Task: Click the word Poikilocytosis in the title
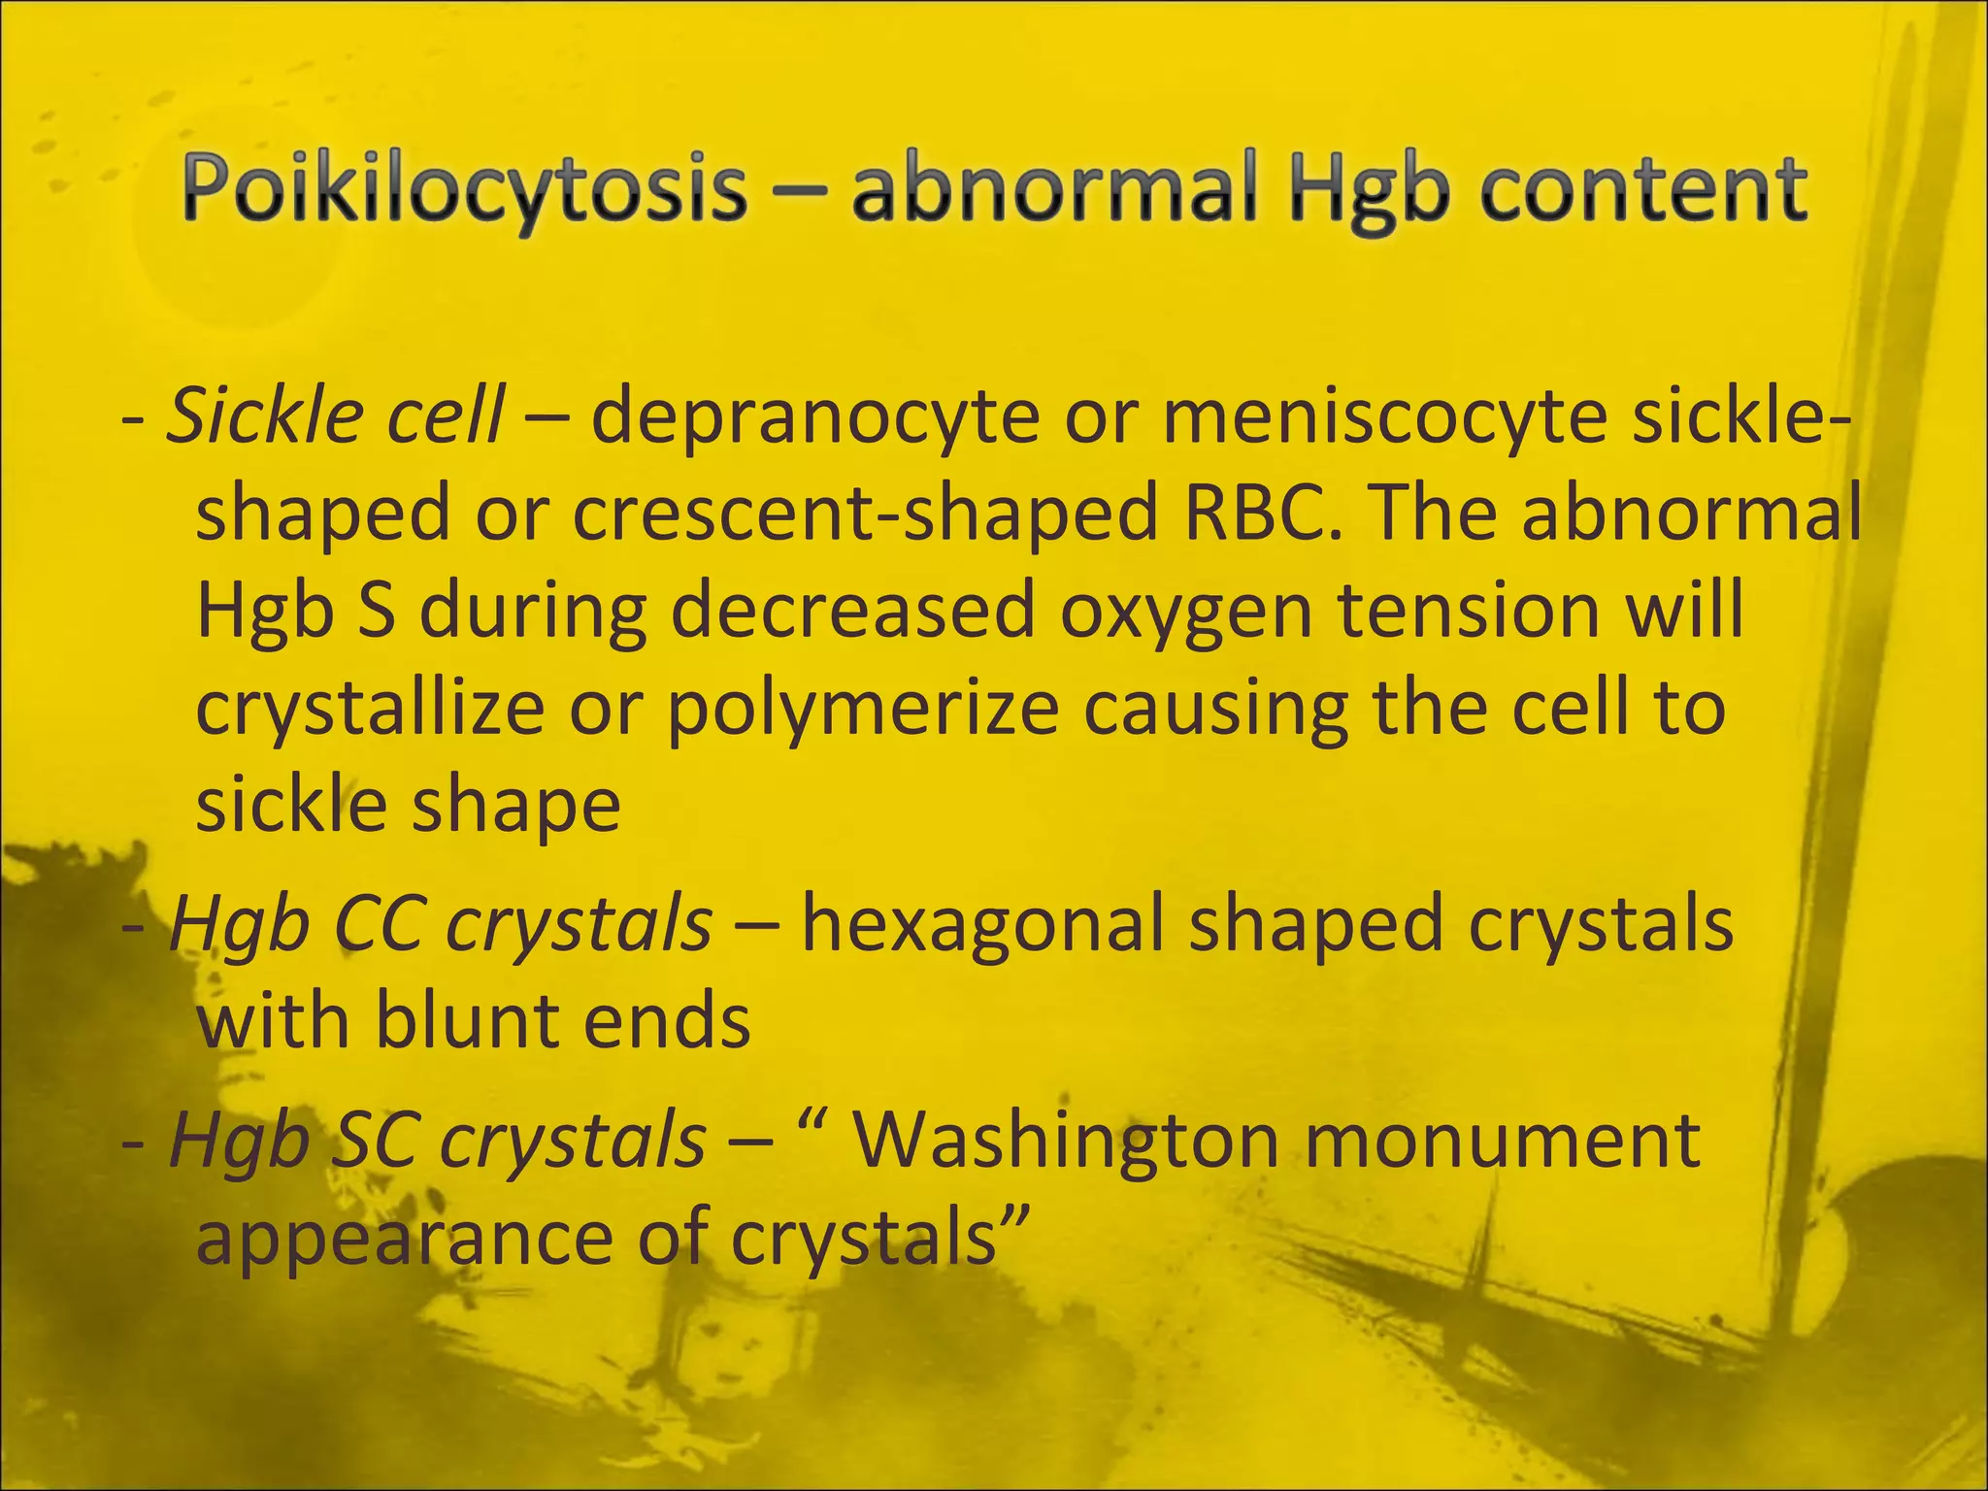point(464,190)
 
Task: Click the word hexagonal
point(982,924)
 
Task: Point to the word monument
point(1502,1140)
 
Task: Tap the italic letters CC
point(378,924)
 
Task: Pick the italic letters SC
point(375,1140)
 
